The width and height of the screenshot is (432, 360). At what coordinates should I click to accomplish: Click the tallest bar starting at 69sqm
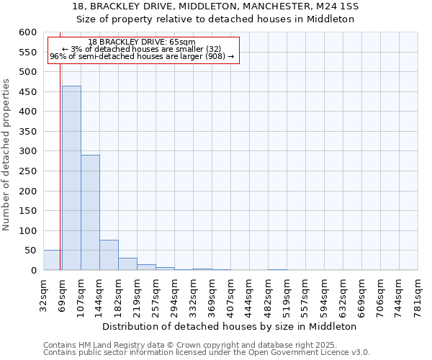[x=71, y=178]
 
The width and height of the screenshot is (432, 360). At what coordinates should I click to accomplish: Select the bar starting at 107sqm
[x=90, y=212]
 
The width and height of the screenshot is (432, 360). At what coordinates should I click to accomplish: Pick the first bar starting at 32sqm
[x=53, y=261]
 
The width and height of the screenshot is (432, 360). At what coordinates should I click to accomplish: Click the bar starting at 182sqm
[x=127, y=264]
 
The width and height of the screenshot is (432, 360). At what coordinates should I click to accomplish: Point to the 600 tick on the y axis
[x=27, y=32]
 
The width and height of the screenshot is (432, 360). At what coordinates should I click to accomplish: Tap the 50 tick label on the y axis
[x=30, y=251]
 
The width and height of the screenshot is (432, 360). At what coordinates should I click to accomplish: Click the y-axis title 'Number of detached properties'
[x=7, y=155]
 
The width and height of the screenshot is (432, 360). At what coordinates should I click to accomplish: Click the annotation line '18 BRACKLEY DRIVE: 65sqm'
[x=142, y=42]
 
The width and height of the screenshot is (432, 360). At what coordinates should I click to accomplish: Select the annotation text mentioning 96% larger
[x=142, y=56]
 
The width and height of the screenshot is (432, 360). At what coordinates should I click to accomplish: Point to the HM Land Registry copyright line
[x=185, y=345]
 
